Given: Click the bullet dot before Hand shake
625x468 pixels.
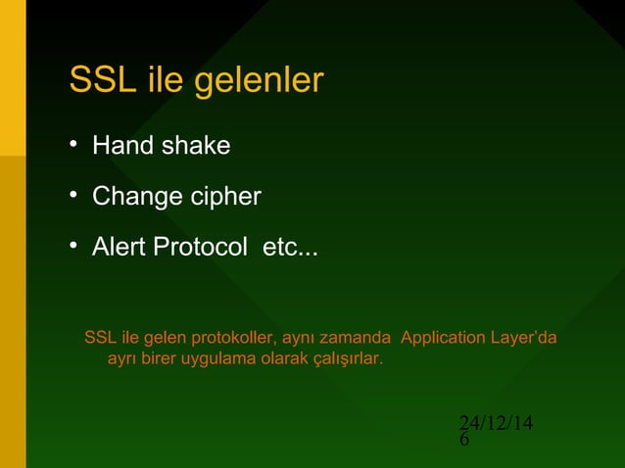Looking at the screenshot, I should click(x=72, y=145).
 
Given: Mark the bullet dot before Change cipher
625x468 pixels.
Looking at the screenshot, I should click(x=72, y=196).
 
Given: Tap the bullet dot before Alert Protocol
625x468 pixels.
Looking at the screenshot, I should click(x=72, y=247).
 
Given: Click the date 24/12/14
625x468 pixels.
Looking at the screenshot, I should click(x=496, y=423).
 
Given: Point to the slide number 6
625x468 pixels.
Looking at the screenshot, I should click(x=464, y=441).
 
